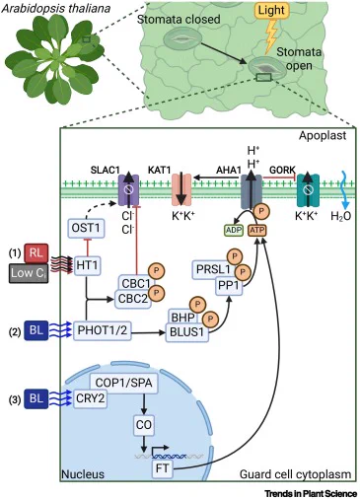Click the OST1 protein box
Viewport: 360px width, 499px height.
(x=86, y=228)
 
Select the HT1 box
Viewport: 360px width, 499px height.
(x=87, y=265)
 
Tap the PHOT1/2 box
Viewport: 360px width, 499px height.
(x=102, y=330)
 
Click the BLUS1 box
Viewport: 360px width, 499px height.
(x=186, y=332)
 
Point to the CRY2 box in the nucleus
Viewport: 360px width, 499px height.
(x=90, y=398)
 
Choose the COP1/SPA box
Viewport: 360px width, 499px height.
(x=123, y=383)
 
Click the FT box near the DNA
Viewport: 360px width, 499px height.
(x=162, y=468)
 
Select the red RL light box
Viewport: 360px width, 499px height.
(x=36, y=253)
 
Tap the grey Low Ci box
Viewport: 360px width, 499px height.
(x=29, y=273)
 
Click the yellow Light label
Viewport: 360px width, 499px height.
(x=272, y=10)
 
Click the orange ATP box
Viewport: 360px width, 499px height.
(x=256, y=230)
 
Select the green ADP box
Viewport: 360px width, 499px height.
(x=234, y=230)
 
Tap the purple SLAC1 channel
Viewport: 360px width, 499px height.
(x=128, y=191)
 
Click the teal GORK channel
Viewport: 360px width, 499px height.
(x=308, y=191)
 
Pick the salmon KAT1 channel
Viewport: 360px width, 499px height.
(x=181, y=190)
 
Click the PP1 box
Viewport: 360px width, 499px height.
(x=229, y=286)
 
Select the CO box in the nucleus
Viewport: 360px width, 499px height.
(x=144, y=425)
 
